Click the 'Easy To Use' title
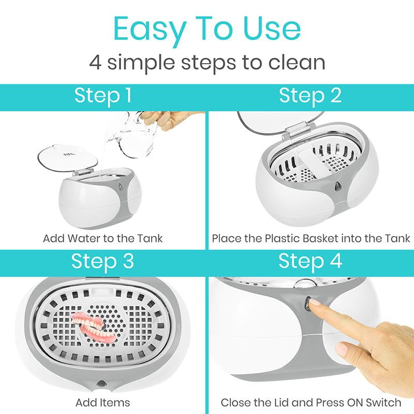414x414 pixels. (x=207, y=29)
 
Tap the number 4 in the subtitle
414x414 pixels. (x=95, y=62)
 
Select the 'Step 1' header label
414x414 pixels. (x=103, y=96)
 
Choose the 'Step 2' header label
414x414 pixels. (x=310, y=96)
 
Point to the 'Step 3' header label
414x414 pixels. (x=102, y=262)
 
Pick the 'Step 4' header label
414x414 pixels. (x=310, y=262)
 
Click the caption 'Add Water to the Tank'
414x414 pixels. (x=102, y=239)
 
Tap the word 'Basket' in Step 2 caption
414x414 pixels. (x=320, y=239)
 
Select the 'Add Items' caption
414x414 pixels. (x=102, y=403)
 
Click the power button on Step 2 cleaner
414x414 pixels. (x=338, y=186)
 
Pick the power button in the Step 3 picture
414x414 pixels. (x=101, y=383)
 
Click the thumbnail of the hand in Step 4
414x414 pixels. (x=343, y=348)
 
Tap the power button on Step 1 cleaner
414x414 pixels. (x=121, y=187)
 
